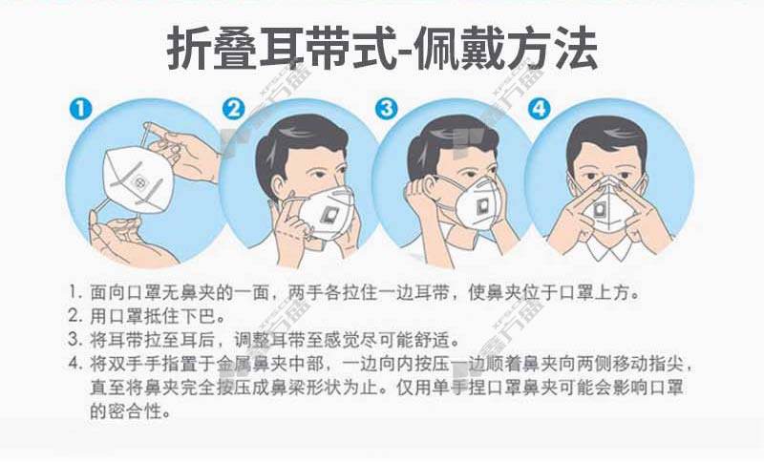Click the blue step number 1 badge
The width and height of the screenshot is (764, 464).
80,109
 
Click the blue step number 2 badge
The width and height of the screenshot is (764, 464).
233,109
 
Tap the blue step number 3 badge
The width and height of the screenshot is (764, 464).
387,109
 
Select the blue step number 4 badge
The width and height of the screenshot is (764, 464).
540,109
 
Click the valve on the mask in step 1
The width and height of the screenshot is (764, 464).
139,182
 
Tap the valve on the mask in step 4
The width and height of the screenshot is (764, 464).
601,210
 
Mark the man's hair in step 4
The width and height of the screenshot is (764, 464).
607,138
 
